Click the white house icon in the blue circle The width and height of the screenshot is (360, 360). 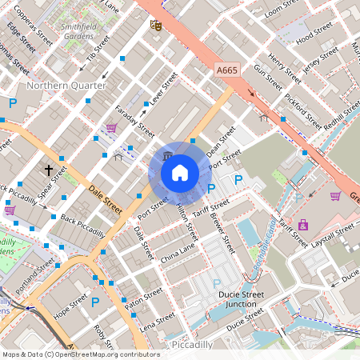(180, 171)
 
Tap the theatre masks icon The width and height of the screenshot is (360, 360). (156, 25)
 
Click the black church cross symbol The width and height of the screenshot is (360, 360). (49, 170)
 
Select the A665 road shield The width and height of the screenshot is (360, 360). (227, 71)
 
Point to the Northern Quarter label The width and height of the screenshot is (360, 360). (59, 85)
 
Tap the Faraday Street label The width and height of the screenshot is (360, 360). (134, 119)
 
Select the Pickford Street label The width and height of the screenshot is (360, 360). (302, 114)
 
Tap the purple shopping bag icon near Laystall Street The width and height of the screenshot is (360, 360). (303, 225)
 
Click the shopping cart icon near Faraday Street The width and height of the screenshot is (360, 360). (111, 127)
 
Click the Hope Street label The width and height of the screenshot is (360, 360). (70, 310)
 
